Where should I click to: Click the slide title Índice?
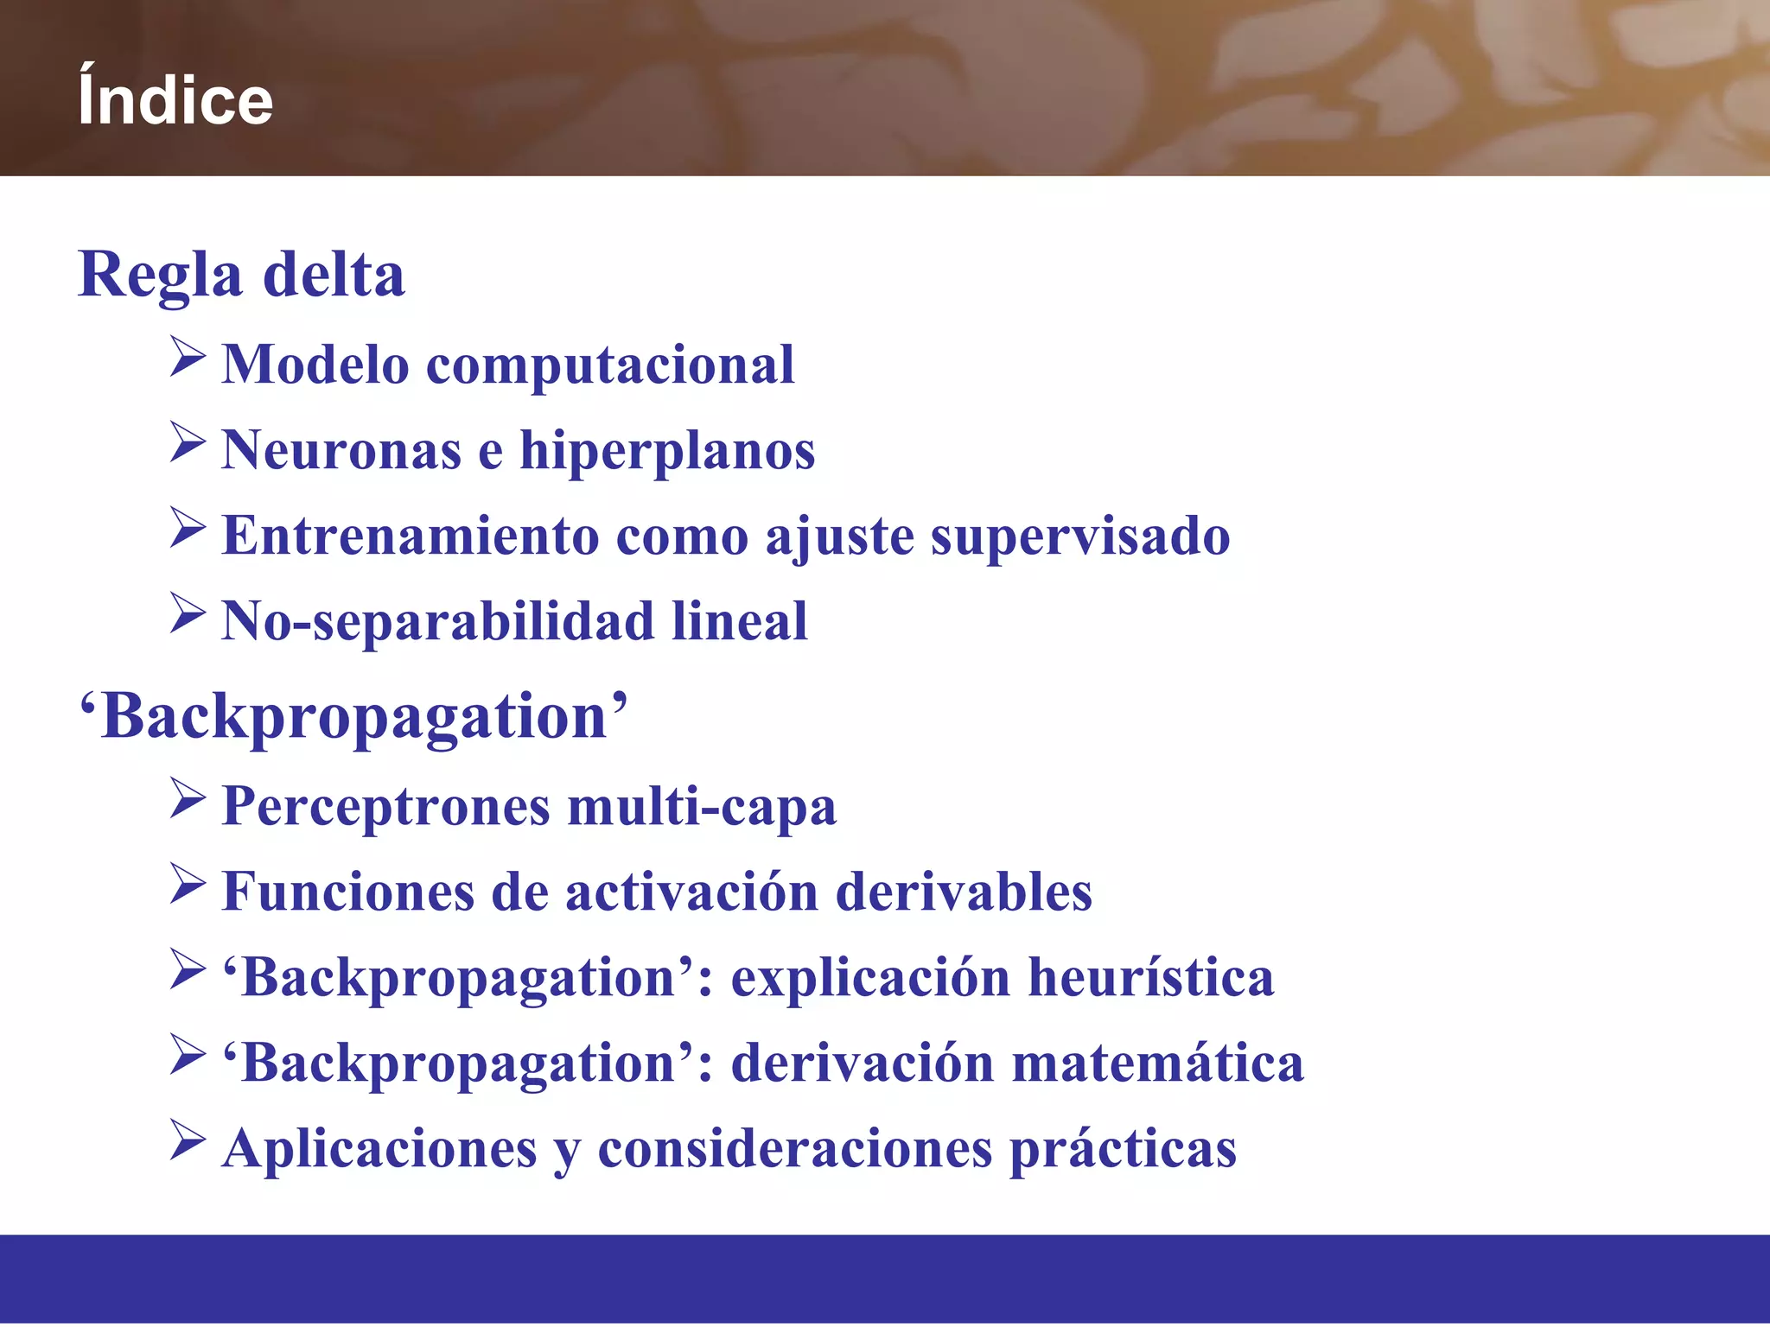pyautogui.click(x=175, y=100)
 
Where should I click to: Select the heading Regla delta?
pyautogui.click(x=241, y=275)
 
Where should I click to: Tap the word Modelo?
pyautogui.click(x=315, y=364)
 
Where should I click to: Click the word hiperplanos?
pyautogui.click(x=666, y=451)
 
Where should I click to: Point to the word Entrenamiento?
pyautogui.click(x=411, y=536)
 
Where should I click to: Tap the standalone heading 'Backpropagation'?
pyautogui.click(x=353, y=717)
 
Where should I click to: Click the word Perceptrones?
pyautogui.click(x=386, y=807)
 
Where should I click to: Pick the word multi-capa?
pyautogui.click(x=702, y=807)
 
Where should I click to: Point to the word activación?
pyautogui.click(x=691, y=892)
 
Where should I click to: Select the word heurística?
pyautogui.click(x=1151, y=977)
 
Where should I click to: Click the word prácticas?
pyautogui.click(x=1123, y=1149)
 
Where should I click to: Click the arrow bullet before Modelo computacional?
pyautogui.click(x=188, y=357)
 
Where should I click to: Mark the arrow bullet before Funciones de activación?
pyautogui.click(x=188, y=884)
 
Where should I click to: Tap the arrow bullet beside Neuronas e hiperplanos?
pyautogui.click(x=188, y=442)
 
